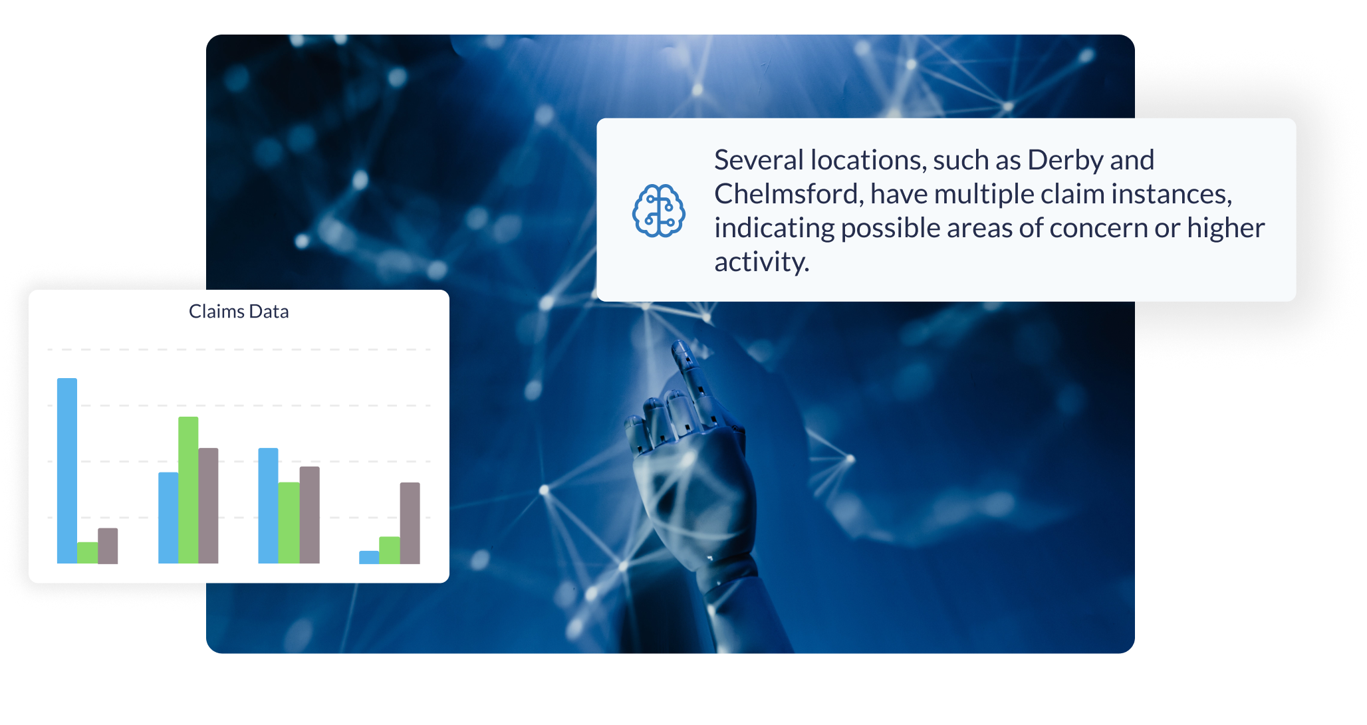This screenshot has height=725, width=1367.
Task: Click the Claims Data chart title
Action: pyautogui.click(x=239, y=312)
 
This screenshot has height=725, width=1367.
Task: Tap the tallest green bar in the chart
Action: pyautogui.click(x=188, y=490)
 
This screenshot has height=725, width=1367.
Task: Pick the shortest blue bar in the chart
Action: pyautogui.click(x=369, y=558)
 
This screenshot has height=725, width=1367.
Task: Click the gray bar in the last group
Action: pyautogui.click(x=410, y=523)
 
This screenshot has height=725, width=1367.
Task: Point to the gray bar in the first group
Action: pyautogui.click(x=108, y=546)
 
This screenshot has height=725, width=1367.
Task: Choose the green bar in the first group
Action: pyautogui.click(x=87, y=553)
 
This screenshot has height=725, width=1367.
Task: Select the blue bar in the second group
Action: pyautogui.click(x=168, y=518)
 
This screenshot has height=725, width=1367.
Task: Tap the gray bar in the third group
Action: pyautogui.click(x=309, y=515)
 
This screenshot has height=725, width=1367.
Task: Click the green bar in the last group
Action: pyautogui.click(x=390, y=550)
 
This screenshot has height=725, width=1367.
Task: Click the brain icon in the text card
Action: pyautogui.click(x=658, y=211)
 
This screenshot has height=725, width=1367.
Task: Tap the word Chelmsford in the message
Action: pyautogui.click(x=789, y=195)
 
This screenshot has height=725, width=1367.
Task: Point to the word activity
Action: pyautogui.click(x=761, y=262)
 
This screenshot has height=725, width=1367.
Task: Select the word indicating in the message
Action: pyautogui.click(x=774, y=229)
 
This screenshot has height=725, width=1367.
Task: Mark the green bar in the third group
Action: pyautogui.click(x=289, y=522)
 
